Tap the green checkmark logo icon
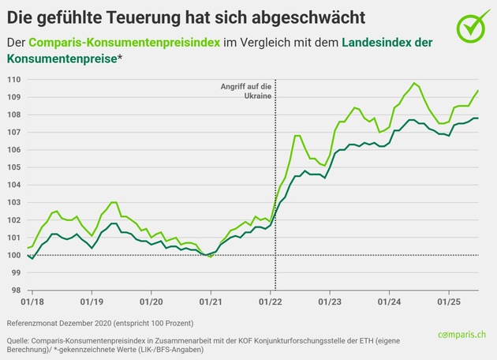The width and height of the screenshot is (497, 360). (x=472, y=27)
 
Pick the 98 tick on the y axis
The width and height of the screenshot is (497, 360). (x=14, y=290)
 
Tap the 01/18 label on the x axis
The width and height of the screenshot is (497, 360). (x=32, y=302)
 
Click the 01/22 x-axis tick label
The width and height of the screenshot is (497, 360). (x=271, y=302)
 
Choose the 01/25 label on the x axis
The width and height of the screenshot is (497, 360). (x=449, y=302)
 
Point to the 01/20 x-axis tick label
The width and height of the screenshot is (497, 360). (x=151, y=302)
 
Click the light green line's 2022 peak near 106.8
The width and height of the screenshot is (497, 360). (x=297, y=136)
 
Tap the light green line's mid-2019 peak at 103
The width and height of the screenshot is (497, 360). (x=114, y=203)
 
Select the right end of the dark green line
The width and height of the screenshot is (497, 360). (x=477, y=118)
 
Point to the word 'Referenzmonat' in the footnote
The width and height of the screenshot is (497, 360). (x=32, y=324)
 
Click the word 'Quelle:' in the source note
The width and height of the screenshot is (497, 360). (x=17, y=340)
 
